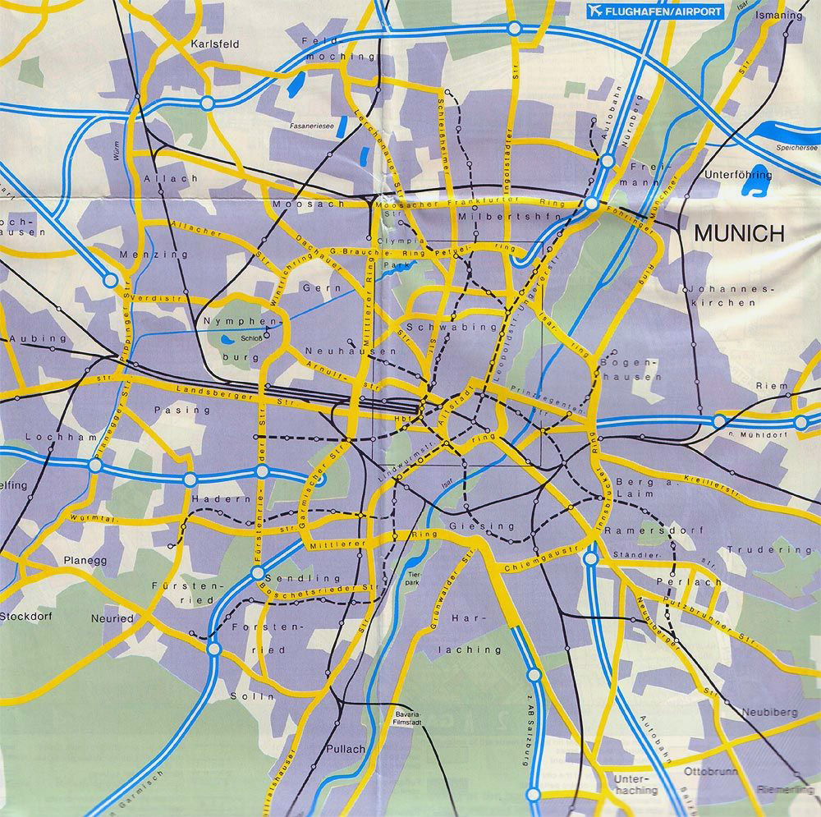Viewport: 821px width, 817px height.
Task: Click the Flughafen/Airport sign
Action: (x=654, y=12)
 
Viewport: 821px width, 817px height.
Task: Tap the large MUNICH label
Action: (x=739, y=233)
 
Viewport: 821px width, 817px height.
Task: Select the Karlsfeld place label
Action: (x=214, y=44)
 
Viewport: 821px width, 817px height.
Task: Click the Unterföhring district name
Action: (x=738, y=175)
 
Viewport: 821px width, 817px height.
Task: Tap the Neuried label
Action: (x=112, y=617)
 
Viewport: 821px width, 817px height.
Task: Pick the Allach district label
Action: (x=159, y=178)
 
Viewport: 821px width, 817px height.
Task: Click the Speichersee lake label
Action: (x=791, y=147)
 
